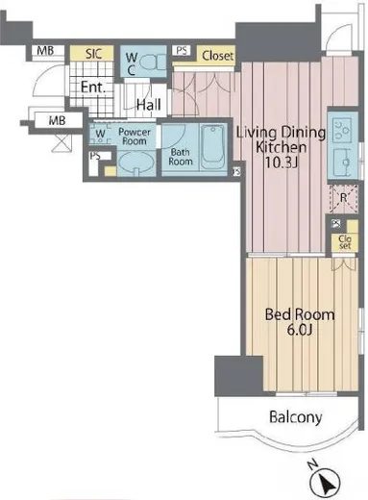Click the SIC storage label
[93, 54]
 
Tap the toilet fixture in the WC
[153, 62]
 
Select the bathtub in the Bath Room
[212, 147]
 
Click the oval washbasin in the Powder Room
[136, 163]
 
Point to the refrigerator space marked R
[343, 199]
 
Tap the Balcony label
[295, 417]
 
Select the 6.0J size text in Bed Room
[299, 329]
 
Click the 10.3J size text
[282, 162]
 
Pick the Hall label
[149, 105]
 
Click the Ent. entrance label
[93, 87]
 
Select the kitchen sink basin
[343, 162]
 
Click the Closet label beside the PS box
[218, 56]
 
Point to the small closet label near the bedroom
[345, 242]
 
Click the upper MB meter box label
[45, 51]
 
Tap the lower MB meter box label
[57, 121]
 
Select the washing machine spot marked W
[100, 134]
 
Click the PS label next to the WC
[182, 50]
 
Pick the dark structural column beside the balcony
[238, 375]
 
